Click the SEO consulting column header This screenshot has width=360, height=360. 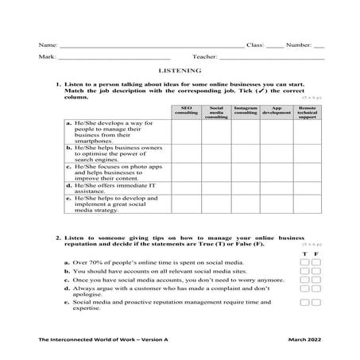tap(186, 112)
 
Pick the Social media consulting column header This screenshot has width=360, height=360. tap(216, 112)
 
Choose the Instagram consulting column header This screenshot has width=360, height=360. tap(246, 110)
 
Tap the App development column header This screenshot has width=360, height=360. tap(277, 110)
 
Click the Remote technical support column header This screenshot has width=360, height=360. tap(307, 112)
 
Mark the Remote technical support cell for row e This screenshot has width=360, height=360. tap(307, 205)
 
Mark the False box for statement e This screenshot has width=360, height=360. tap(316, 302)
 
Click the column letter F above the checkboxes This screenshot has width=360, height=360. tap(316, 253)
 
